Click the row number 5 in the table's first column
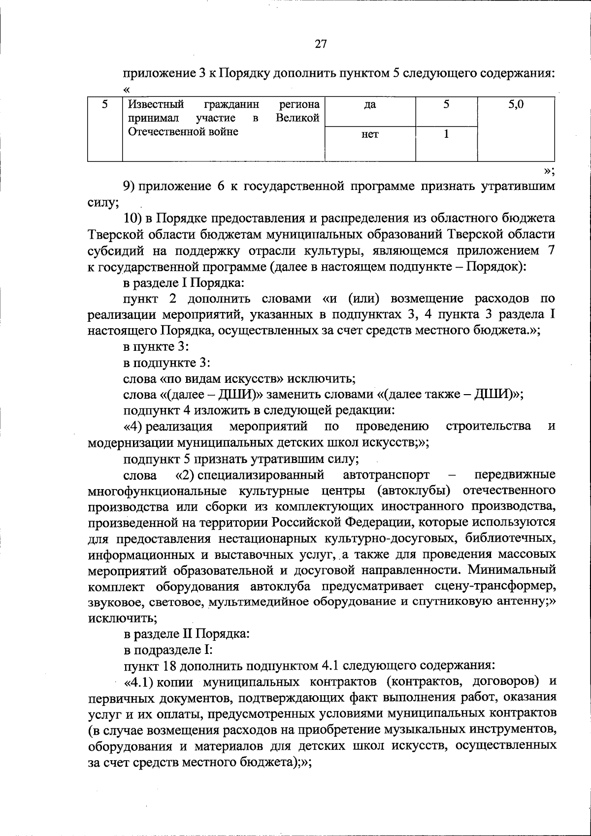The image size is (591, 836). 104,104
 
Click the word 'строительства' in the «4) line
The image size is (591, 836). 488,426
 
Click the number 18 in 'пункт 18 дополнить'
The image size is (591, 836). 166,666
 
